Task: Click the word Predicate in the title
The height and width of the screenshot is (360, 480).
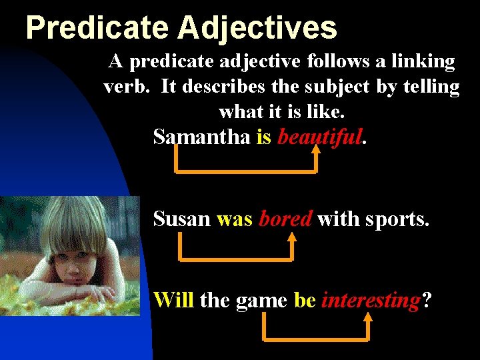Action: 96,29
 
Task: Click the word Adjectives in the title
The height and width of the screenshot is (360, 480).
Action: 257,29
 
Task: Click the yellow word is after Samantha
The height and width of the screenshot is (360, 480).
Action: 263,137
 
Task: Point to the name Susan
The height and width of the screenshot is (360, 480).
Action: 181,219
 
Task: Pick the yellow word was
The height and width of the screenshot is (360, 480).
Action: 235,219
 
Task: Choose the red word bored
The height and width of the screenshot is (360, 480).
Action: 285,219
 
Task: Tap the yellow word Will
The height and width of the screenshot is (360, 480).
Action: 173,300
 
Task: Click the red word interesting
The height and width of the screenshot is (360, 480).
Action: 369,301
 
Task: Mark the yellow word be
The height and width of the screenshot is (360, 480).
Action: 304,300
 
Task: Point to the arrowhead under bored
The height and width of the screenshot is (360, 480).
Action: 291,238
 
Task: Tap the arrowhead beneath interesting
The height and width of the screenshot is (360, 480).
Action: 367,319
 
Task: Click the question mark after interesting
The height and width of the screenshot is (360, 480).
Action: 426,300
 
